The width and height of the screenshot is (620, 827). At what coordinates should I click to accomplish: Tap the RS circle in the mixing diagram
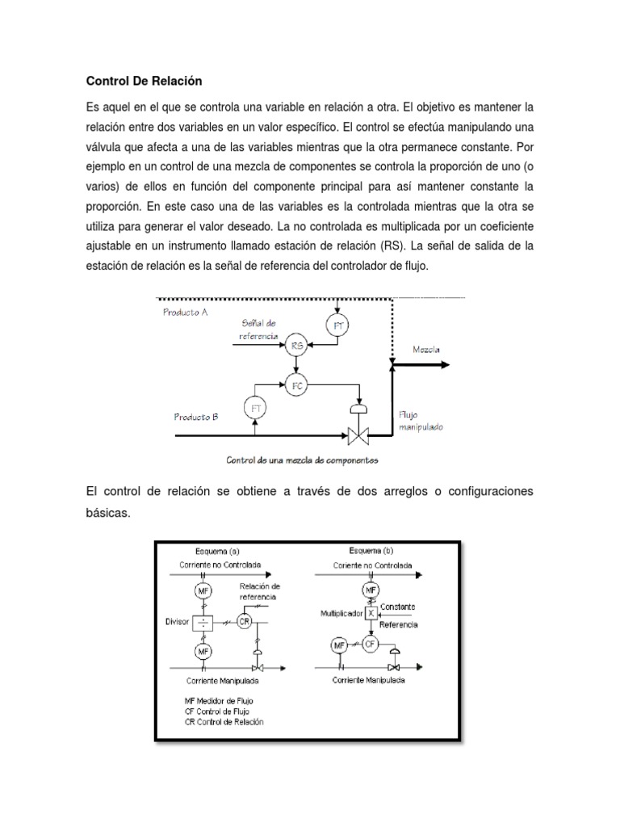tap(296, 346)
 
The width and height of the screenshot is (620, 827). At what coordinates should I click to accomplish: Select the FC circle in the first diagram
tap(297, 385)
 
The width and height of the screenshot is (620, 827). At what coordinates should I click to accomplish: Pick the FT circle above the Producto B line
tap(257, 408)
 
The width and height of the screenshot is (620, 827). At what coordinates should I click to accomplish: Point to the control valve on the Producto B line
tap(356, 436)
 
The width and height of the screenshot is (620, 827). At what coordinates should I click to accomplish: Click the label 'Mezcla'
tap(427, 350)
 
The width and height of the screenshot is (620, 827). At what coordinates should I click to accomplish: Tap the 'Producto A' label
tap(186, 313)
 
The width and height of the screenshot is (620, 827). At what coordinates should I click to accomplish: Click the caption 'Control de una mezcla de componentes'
tap(302, 461)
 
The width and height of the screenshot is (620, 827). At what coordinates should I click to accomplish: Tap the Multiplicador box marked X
tap(371, 614)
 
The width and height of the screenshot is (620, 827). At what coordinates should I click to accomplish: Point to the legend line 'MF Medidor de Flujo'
tap(219, 699)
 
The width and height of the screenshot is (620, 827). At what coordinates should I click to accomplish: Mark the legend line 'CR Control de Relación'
tap(224, 721)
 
